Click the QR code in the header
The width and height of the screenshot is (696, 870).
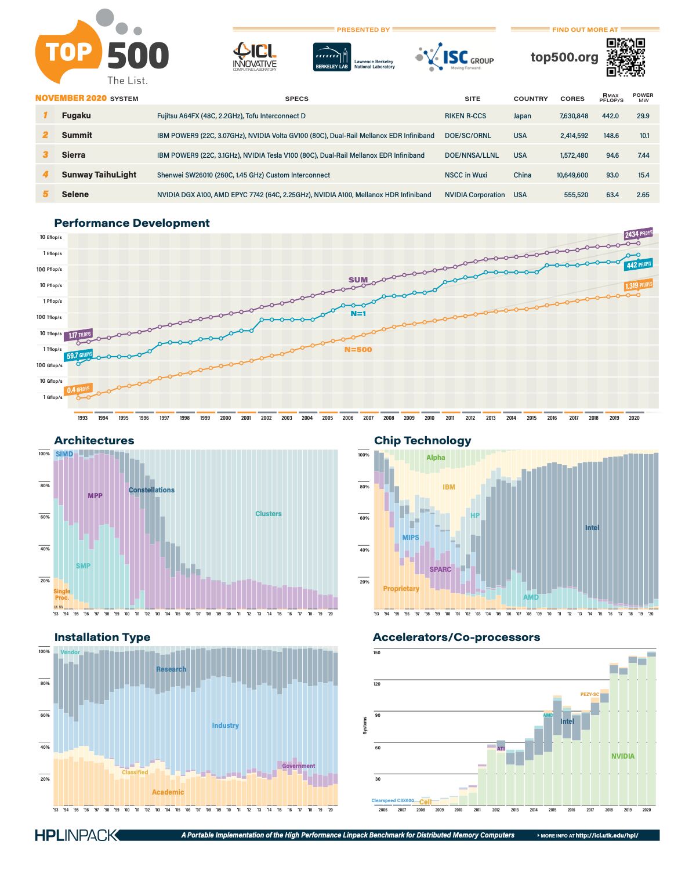pyautogui.click(x=626, y=57)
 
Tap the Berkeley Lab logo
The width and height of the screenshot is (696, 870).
pyautogui.click(x=332, y=57)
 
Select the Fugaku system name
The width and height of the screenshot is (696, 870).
pyautogui.click(x=77, y=115)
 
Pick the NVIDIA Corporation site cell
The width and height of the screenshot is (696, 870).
pyautogui.click(x=474, y=195)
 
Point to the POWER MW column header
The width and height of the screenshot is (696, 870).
pyautogui.click(x=643, y=97)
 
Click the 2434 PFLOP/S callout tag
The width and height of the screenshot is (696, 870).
pyautogui.click(x=638, y=234)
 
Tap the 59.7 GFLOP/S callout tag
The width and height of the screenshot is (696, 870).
pyautogui.click(x=79, y=356)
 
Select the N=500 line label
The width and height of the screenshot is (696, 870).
pyautogui.click(x=358, y=350)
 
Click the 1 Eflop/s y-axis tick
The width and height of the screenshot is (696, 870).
pyautogui.click(x=52, y=253)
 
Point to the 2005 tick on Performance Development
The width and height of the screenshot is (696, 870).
pyautogui.click(x=328, y=418)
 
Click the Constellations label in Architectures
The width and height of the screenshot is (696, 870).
pyautogui.click(x=151, y=490)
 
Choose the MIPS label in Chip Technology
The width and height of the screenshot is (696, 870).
pyautogui.click(x=411, y=538)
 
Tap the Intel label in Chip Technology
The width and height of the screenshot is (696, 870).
pyautogui.click(x=592, y=528)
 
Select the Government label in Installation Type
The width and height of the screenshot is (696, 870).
pyautogui.click(x=299, y=766)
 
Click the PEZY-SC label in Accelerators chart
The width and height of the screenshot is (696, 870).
pyautogui.click(x=589, y=694)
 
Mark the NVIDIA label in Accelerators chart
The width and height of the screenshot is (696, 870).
pyautogui.click(x=623, y=756)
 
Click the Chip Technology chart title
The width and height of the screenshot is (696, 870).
pyautogui.click(x=423, y=441)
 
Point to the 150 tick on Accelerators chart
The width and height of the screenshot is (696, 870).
pyautogui.click(x=377, y=653)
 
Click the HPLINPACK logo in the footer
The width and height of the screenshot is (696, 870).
pyautogui.click(x=76, y=835)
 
